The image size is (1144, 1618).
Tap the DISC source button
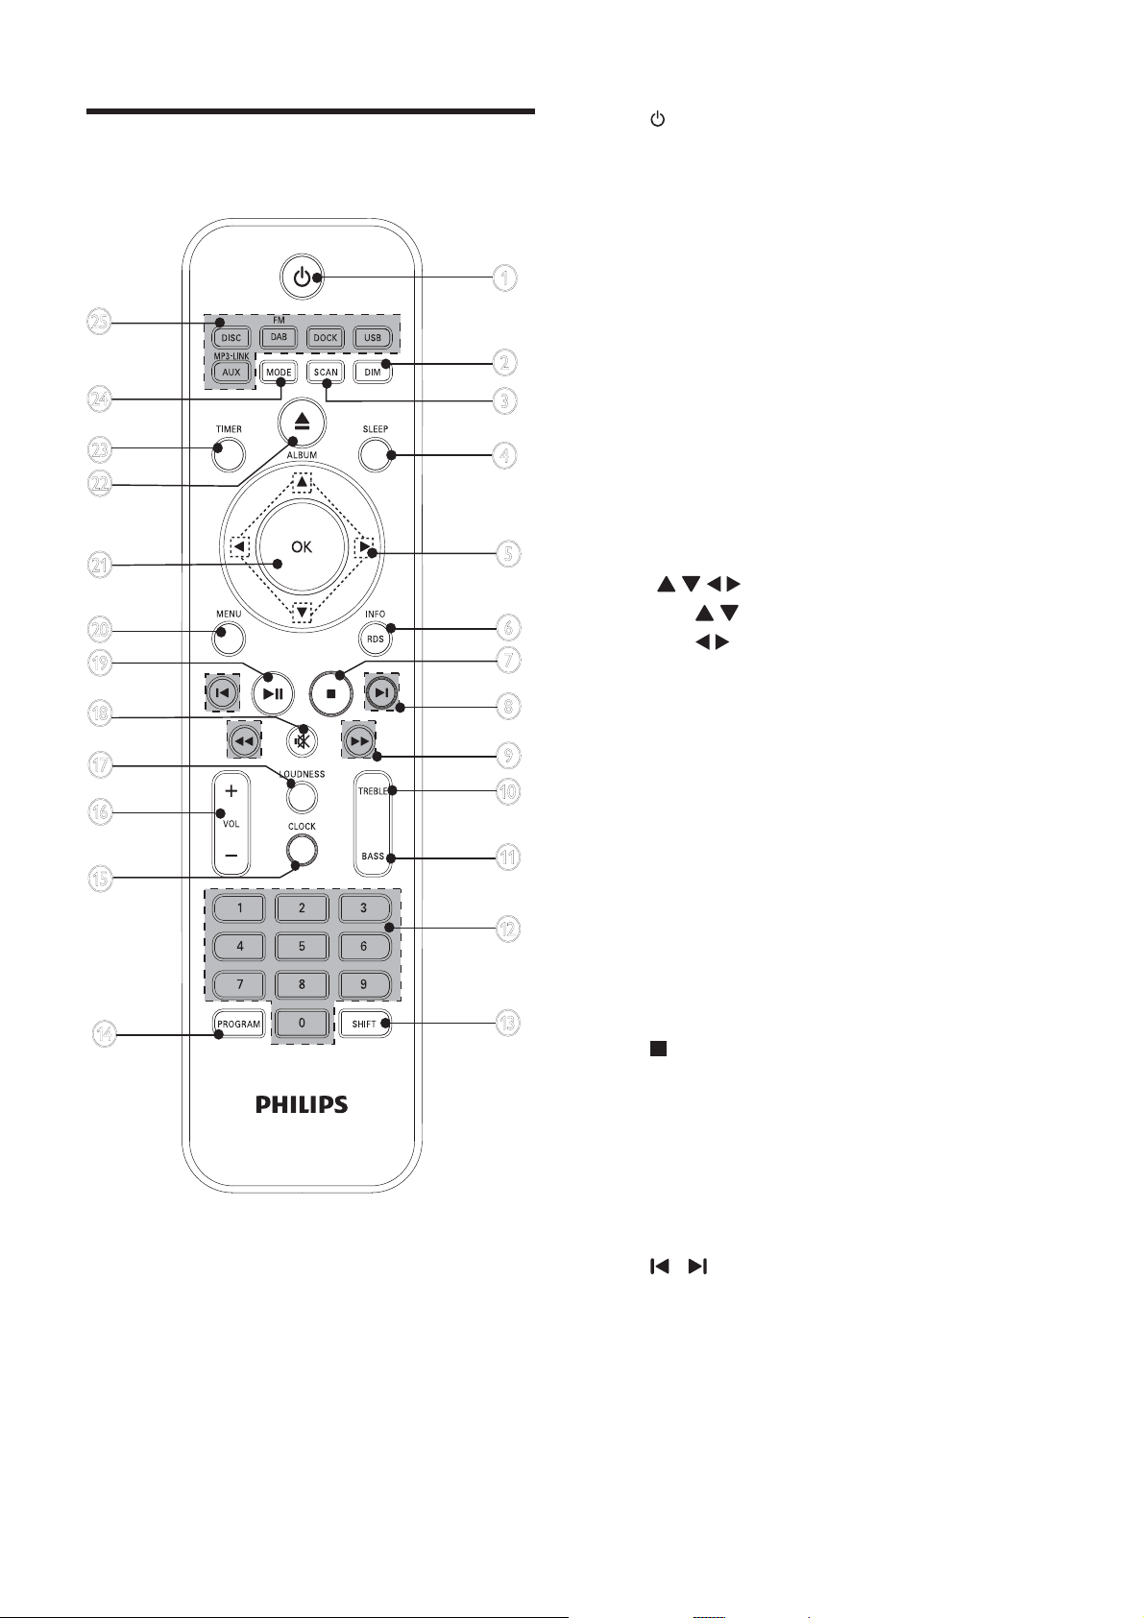point(231,337)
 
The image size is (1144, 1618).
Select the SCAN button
point(326,373)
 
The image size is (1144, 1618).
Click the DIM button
point(372,373)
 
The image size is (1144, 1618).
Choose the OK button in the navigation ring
point(302,546)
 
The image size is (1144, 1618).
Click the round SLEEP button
point(375,454)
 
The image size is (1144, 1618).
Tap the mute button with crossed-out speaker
point(302,740)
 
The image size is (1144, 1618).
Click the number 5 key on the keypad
point(302,946)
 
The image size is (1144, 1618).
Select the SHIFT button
point(364,1024)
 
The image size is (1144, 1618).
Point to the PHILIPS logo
point(302,1104)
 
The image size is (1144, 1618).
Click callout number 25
point(100,322)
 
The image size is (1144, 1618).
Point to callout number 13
point(507,1023)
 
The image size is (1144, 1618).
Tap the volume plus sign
point(231,791)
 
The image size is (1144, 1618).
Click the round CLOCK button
point(302,850)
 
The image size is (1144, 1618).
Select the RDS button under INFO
point(375,639)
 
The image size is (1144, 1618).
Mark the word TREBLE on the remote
point(373,791)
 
